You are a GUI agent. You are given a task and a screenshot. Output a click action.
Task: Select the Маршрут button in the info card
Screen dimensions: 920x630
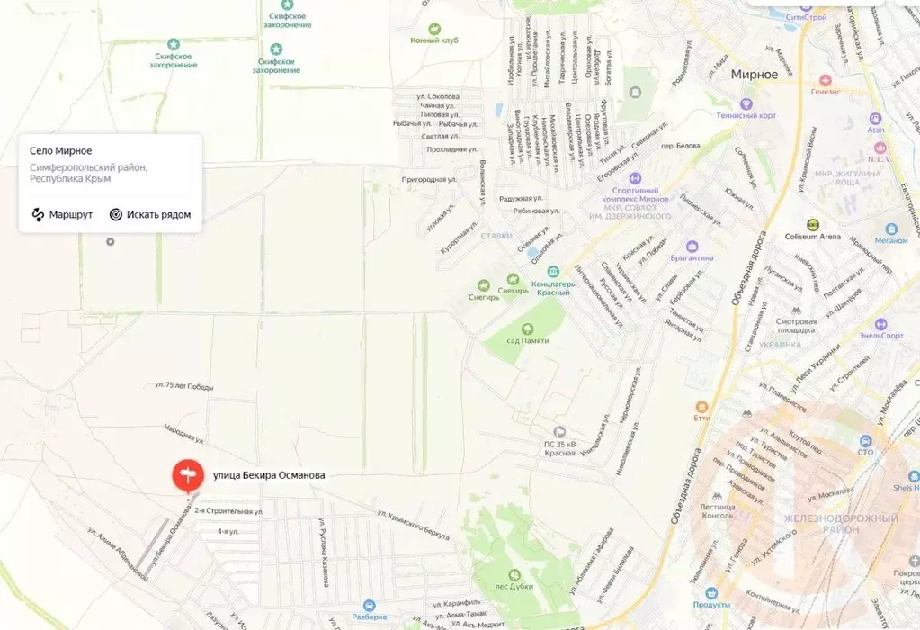[x=62, y=214]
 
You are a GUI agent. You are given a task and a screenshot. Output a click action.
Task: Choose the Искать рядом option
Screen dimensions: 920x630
[x=150, y=214]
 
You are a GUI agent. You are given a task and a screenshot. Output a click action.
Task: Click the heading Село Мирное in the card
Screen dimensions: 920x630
[x=61, y=150]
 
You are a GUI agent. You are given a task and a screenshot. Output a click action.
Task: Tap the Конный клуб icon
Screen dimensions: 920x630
[x=434, y=29]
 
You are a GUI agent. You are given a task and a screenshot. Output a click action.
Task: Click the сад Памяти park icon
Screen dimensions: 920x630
[x=528, y=328]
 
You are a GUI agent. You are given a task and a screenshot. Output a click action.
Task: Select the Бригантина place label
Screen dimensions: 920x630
[x=692, y=257]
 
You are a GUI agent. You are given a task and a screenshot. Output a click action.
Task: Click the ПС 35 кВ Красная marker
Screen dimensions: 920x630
[x=559, y=432]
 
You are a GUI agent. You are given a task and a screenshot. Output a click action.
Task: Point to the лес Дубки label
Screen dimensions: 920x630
[x=514, y=586]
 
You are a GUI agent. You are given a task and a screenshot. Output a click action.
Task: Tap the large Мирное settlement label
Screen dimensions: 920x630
[x=754, y=75]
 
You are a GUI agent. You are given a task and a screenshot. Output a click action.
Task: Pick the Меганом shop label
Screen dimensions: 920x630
[x=891, y=240]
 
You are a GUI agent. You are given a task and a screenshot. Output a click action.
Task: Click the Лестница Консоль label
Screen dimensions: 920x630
[x=717, y=512]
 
